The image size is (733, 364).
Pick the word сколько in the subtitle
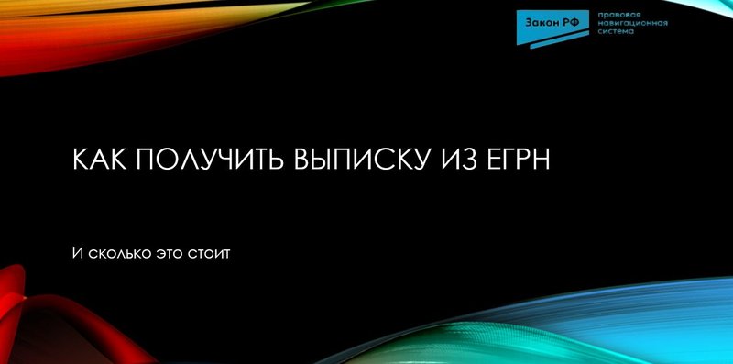pos(120,251)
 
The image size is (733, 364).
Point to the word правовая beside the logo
pos(617,16)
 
